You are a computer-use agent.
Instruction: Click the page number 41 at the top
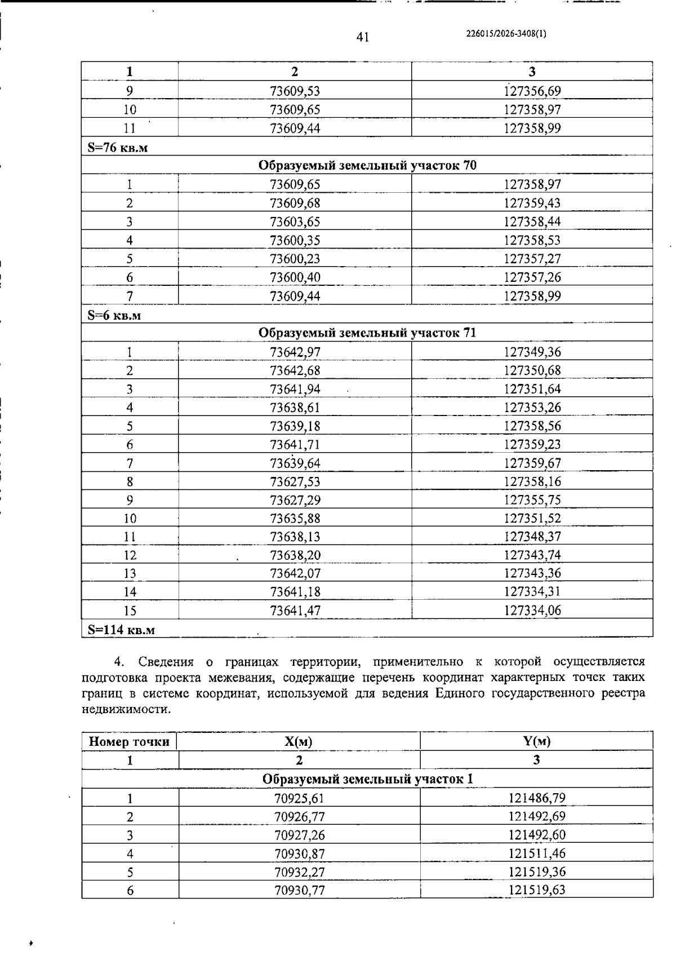click(x=362, y=37)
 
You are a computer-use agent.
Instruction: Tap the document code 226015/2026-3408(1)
click(x=506, y=33)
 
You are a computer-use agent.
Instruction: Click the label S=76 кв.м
click(x=118, y=148)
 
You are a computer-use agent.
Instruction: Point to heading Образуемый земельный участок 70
click(x=367, y=165)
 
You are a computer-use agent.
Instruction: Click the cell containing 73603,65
click(x=295, y=222)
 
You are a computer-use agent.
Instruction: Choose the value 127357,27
click(x=532, y=259)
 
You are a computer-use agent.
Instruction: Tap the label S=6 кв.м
click(x=114, y=315)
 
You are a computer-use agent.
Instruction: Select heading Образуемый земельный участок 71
click(x=367, y=333)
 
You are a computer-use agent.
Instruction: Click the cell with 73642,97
click(x=295, y=352)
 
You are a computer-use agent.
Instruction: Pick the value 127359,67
click(x=532, y=463)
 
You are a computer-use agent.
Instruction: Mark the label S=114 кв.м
click(x=121, y=630)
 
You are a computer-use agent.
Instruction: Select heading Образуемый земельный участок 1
click(x=367, y=779)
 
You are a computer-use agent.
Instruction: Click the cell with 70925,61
click(x=299, y=798)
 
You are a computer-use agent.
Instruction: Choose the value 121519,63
click(x=536, y=890)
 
